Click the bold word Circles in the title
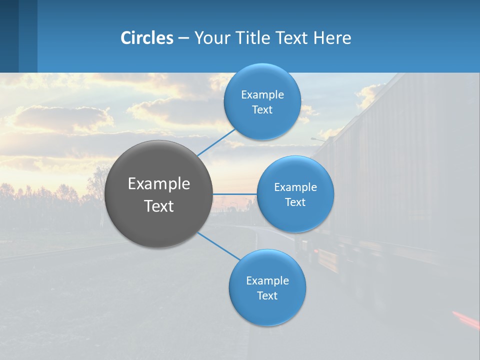coord(147,38)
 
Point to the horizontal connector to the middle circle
coord(235,193)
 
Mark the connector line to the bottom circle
coord(219,246)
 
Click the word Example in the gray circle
coord(159,184)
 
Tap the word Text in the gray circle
coord(159,206)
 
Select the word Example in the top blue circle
coord(262,95)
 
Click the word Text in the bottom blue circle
coord(267,296)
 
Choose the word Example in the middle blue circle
coord(295,187)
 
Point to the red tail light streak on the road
coord(465,318)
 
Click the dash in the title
coord(183,38)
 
